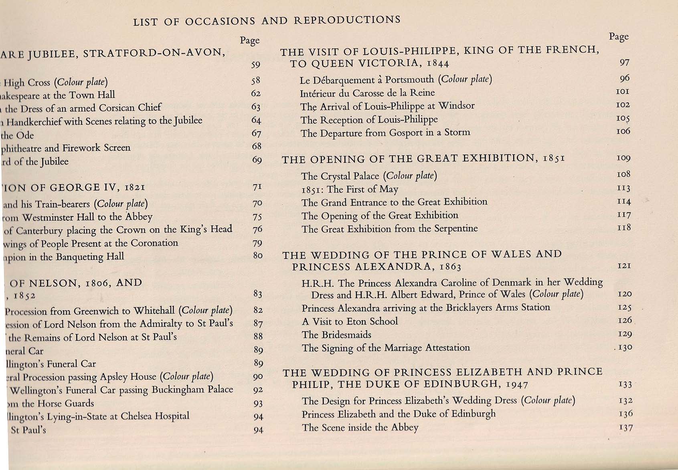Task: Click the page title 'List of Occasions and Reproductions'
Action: click(267, 20)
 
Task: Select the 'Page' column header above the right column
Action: click(619, 37)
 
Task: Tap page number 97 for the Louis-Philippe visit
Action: click(624, 62)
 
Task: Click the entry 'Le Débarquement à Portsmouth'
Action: click(396, 79)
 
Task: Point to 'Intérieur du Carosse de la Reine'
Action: click(367, 93)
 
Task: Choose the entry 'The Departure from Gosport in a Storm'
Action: click(385, 133)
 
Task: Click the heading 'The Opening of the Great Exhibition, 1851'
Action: click(423, 159)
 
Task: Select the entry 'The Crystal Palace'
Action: click(369, 176)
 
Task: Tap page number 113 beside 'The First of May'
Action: click(624, 189)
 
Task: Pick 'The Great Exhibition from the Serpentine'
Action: click(389, 229)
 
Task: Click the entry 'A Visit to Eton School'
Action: click(350, 321)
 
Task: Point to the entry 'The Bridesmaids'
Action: click(336, 335)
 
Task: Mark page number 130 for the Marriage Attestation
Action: click(625, 347)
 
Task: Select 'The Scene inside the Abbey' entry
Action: click(360, 428)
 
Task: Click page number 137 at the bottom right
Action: click(625, 428)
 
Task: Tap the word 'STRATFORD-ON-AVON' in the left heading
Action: click(154, 52)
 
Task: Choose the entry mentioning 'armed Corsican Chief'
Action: click(83, 108)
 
